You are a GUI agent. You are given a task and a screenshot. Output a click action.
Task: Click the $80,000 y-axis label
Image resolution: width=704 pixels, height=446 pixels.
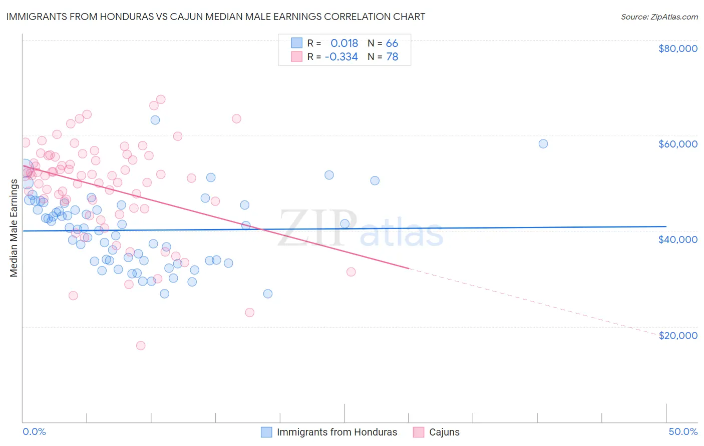tap(677, 48)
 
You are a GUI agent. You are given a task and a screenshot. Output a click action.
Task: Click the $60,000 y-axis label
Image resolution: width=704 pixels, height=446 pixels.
tap(677, 144)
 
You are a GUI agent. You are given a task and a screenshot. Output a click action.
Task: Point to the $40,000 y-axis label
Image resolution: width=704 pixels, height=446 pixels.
tap(677, 239)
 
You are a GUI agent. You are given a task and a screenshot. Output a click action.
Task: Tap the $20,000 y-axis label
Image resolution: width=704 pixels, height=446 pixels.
tap(677, 335)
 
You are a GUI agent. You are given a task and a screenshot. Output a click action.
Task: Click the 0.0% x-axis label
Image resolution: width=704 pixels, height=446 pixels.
tap(34, 432)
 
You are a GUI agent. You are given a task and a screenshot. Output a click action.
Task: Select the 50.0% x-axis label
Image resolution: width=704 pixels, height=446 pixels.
tap(683, 432)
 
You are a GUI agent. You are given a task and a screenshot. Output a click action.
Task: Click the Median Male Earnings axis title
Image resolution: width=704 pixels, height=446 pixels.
tap(14, 228)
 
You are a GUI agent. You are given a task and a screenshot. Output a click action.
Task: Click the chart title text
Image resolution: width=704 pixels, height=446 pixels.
tap(216, 16)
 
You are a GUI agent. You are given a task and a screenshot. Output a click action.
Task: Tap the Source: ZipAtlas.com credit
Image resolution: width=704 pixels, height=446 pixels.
tap(659, 17)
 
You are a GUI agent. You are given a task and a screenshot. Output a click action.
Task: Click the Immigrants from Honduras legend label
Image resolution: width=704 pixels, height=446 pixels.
tap(336, 432)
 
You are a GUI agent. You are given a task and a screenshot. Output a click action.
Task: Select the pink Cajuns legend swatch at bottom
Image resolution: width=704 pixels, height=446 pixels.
tap(418, 432)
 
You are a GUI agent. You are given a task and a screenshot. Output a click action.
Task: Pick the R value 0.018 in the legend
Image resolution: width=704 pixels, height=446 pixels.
tap(344, 43)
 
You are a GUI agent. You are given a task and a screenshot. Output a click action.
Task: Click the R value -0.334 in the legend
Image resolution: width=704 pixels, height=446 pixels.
tap(341, 57)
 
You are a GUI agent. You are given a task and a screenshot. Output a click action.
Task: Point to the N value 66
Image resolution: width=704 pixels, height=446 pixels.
tap(392, 43)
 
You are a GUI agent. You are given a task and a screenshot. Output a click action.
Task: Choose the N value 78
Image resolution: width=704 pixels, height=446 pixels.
tap(392, 57)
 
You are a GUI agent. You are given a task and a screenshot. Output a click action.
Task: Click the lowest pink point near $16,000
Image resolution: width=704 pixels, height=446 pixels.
tap(141, 345)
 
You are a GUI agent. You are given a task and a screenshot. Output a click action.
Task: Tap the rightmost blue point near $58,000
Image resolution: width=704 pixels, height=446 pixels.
tap(543, 143)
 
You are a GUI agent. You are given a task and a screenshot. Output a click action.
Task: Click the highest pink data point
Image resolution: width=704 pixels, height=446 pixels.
tap(161, 99)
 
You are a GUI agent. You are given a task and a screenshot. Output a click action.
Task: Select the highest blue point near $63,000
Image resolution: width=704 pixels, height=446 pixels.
tap(155, 120)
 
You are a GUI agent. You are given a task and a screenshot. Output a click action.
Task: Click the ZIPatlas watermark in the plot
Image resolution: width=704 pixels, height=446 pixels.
tap(361, 229)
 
